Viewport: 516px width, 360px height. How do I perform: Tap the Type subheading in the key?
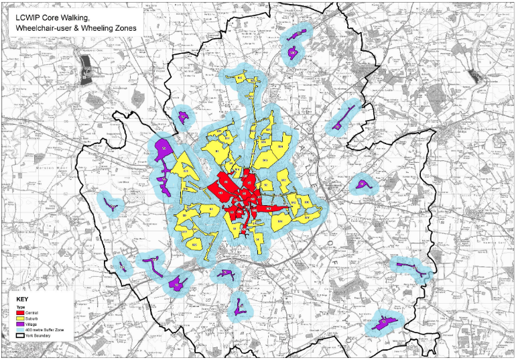(x=19, y=307)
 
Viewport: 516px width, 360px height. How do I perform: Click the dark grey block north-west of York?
(x=85, y=66)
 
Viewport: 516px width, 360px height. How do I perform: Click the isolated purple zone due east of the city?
(x=362, y=184)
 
